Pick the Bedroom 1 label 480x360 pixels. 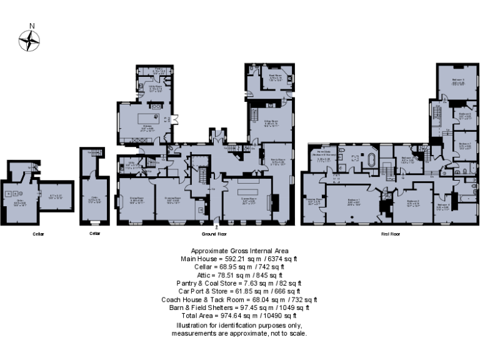354,201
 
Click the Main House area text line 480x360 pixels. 239,258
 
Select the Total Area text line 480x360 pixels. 239,316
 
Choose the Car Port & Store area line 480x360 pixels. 239,291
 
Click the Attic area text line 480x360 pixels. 239,274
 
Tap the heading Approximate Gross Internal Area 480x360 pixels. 239,250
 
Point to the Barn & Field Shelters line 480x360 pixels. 239,308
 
